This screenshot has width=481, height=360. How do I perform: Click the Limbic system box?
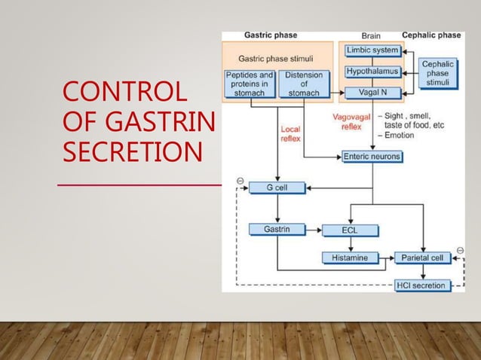coord(372,50)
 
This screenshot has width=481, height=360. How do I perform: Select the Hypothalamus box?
coord(372,72)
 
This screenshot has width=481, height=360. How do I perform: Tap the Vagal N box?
coord(372,93)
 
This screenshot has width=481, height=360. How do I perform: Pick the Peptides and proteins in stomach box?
coord(250,84)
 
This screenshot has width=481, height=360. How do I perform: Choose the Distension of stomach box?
coord(304,84)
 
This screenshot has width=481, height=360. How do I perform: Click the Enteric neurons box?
coord(372,157)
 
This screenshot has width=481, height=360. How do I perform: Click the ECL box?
coord(348,230)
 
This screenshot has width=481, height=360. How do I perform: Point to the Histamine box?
coord(349,258)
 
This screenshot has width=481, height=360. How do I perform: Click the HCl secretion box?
coord(424,285)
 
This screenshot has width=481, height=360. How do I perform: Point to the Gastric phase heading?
coord(270,35)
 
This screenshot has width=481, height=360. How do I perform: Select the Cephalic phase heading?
coord(431,35)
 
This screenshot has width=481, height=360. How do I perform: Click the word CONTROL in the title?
coord(124,95)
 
